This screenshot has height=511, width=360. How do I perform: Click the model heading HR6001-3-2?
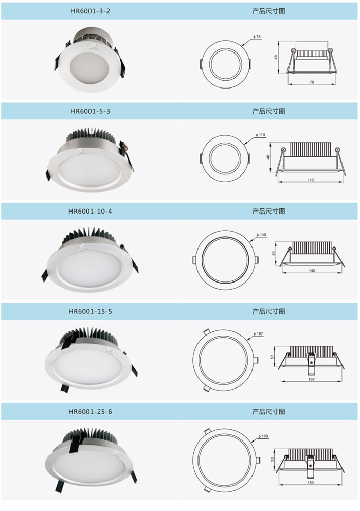click(90, 11)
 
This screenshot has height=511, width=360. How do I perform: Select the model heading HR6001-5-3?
click(90, 111)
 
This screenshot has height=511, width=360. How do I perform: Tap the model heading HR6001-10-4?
click(90, 211)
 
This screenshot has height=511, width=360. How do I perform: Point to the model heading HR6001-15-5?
click(90, 311)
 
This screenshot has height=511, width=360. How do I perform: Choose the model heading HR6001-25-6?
click(90, 412)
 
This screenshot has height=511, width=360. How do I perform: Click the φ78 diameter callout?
click(257, 37)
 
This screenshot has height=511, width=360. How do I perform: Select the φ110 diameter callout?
click(260, 135)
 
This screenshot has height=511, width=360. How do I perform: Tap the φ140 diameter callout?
click(261, 235)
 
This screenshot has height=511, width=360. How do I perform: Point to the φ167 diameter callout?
click(258, 333)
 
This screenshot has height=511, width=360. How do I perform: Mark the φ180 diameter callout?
click(263, 436)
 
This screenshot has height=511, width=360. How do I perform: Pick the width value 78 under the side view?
click(312, 82)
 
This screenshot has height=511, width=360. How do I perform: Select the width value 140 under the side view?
click(312, 271)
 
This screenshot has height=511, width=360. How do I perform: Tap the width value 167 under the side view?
click(312, 379)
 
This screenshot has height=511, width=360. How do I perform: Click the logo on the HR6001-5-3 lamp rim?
click(80, 151)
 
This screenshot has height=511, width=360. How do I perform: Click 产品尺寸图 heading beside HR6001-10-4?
click(269, 211)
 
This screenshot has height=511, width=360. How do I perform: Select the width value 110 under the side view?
click(311, 180)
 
